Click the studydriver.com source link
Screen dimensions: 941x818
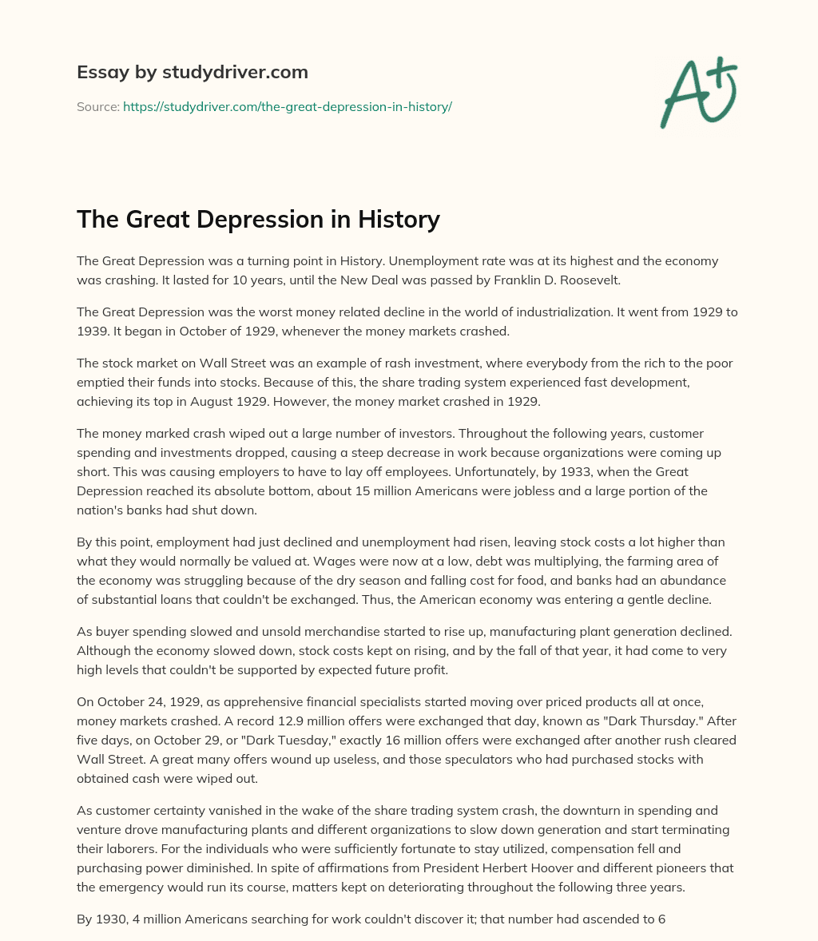pos(288,106)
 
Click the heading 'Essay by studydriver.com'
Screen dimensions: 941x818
pos(193,72)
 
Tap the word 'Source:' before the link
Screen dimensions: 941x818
pos(98,106)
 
